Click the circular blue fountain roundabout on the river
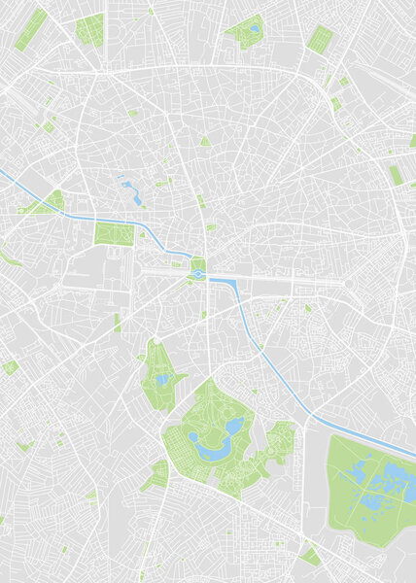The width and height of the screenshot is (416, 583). pos(198,275)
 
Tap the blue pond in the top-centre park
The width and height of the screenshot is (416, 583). pos(254,28)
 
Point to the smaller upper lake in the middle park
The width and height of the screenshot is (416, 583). pos(233,426)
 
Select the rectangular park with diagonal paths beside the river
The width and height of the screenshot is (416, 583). pos(109,234)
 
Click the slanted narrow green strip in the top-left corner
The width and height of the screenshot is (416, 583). pos(31,29)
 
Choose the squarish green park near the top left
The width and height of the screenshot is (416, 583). pos(89,30)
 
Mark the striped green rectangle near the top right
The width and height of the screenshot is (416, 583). pos(319,38)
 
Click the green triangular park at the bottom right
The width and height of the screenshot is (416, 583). pos(310,555)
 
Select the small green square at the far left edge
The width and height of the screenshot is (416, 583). pos(11,367)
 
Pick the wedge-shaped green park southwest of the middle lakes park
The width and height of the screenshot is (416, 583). pos(156,475)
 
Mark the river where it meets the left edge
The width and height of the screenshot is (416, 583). pos(3,173)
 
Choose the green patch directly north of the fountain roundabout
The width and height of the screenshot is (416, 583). pos(198,263)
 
